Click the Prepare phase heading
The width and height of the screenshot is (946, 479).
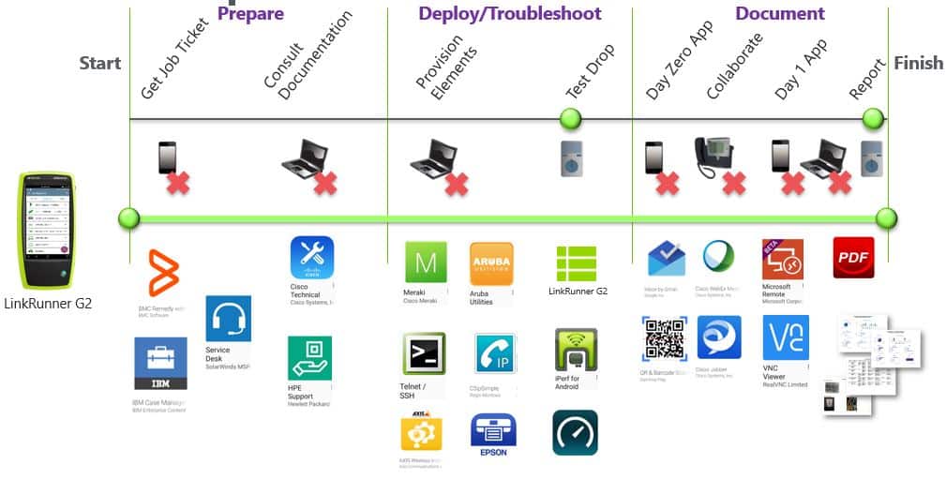pyautogui.click(x=250, y=13)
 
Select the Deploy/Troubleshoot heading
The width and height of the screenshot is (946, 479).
pyautogui.click(x=509, y=13)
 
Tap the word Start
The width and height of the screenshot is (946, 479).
pyautogui.click(x=99, y=64)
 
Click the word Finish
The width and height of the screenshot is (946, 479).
pyautogui.click(x=918, y=64)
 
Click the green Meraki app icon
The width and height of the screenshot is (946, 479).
pyautogui.click(x=426, y=262)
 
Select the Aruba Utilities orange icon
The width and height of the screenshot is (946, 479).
pyautogui.click(x=491, y=262)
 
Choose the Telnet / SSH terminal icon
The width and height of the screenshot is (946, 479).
pyautogui.click(x=424, y=353)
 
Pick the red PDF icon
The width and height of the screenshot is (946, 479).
pyautogui.click(x=853, y=257)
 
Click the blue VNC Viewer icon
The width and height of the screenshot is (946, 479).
pyautogui.click(x=785, y=337)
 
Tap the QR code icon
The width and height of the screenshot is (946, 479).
pyautogui.click(x=664, y=338)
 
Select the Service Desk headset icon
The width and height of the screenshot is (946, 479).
pyautogui.click(x=228, y=319)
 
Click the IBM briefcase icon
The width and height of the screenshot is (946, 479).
pyautogui.click(x=159, y=363)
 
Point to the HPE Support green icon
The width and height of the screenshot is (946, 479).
pyautogui.click(x=309, y=358)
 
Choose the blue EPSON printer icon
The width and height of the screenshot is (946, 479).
pyautogui.click(x=492, y=432)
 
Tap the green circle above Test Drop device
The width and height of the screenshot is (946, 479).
pyautogui.click(x=570, y=119)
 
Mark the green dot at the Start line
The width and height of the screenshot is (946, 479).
pyautogui.click(x=129, y=218)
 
